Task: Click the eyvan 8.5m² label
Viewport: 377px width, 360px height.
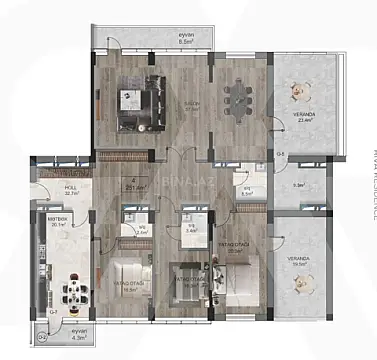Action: (x=185, y=41)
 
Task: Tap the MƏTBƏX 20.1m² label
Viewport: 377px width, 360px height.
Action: (x=57, y=221)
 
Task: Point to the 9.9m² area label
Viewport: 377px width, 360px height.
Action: (x=299, y=185)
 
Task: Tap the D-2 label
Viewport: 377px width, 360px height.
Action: (x=42, y=337)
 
